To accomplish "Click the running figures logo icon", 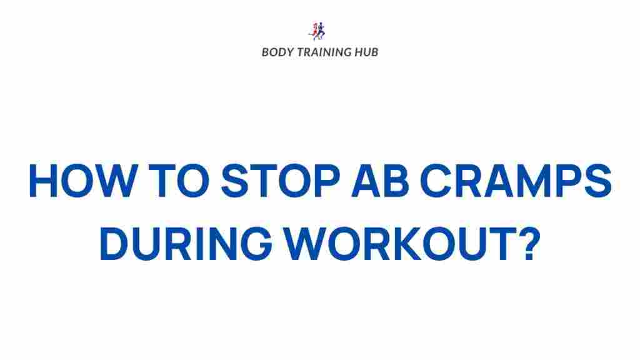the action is [317, 31].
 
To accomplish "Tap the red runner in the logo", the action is [314, 32].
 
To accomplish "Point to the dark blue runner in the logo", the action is [321, 30].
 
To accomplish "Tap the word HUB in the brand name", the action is [366, 52].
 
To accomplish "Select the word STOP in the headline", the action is [281, 181].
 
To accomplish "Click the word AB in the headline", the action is [380, 181].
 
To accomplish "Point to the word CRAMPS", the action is [516, 181].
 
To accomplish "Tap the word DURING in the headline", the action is [186, 244].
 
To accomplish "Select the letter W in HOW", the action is [116, 181].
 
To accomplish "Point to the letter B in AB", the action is [396, 181].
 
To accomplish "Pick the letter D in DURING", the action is [114, 244].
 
